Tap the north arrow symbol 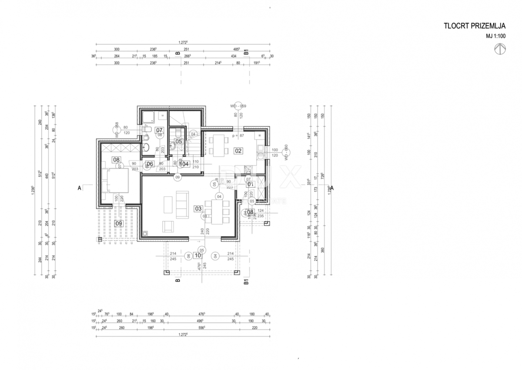[x=500, y=49]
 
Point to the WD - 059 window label [x=238, y=106]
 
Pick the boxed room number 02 [x=238, y=151]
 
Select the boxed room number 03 [x=198, y=209]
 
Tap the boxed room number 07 [x=159, y=130]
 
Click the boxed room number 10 [x=198, y=255]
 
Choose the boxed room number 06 [x=150, y=164]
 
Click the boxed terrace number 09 [x=118, y=224]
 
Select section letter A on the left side [x=79, y=188]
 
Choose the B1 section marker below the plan [x=246, y=282]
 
